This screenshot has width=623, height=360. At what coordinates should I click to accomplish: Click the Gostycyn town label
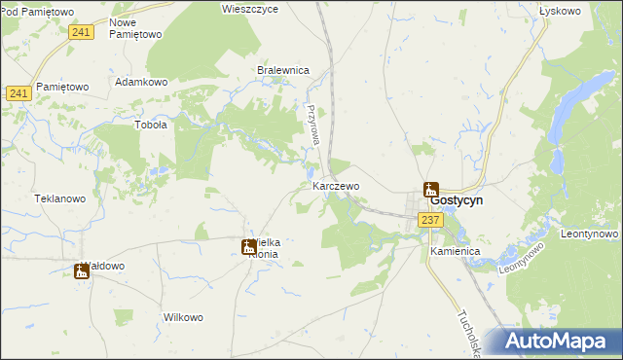(x=457, y=199)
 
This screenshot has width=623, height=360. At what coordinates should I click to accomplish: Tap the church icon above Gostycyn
(x=430, y=189)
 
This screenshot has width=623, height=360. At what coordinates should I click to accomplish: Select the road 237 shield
(x=431, y=221)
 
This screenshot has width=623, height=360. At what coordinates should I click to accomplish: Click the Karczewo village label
(x=336, y=185)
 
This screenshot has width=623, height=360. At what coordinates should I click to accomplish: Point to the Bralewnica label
(x=282, y=70)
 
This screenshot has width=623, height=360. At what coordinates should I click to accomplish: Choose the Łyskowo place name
(x=559, y=11)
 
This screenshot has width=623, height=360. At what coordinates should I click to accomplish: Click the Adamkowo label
(x=142, y=82)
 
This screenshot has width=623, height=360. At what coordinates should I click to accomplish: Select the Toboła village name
(x=151, y=125)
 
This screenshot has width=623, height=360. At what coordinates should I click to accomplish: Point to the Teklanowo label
(x=60, y=198)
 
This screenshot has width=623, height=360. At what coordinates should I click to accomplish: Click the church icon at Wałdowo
(x=82, y=271)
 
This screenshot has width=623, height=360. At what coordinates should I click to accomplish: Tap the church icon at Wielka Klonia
(x=248, y=247)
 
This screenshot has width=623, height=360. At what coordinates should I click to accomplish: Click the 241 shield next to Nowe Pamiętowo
(x=82, y=33)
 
